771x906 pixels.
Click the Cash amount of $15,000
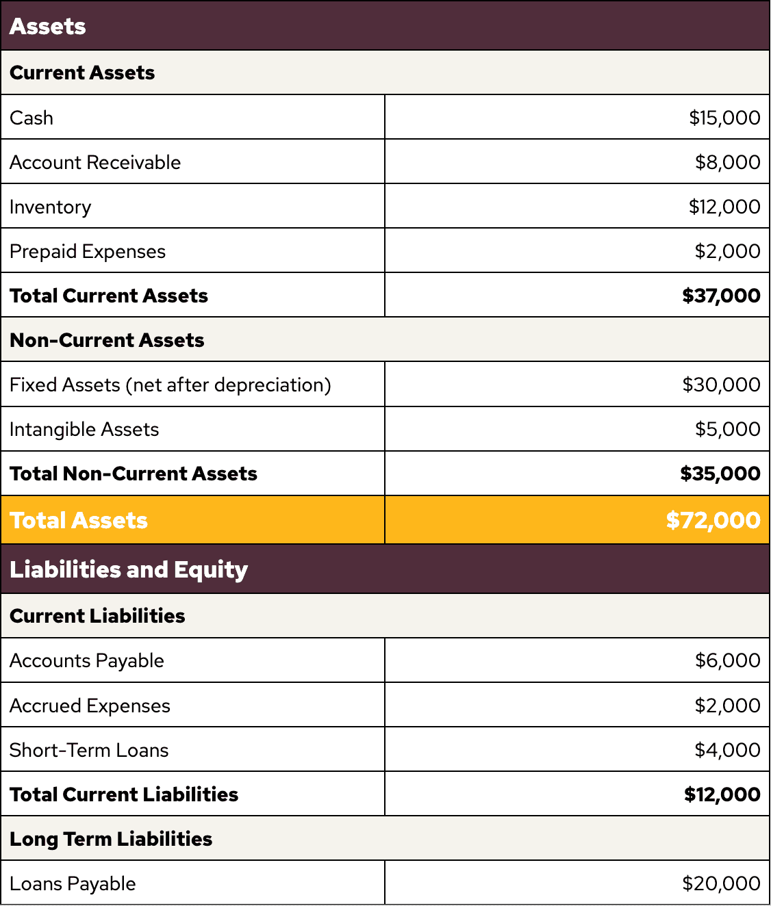pyautogui.click(x=724, y=118)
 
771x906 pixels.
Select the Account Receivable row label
pyautogui.click(x=95, y=162)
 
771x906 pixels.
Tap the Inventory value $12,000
pyautogui.click(x=724, y=207)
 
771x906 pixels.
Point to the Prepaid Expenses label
pyautogui.click(x=88, y=251)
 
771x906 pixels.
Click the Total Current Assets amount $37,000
pyautogui.click(x=721, y=296)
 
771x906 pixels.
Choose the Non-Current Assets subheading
pyautogui.click(x=107, y=340)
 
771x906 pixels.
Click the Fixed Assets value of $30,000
pyautogui.click(x=721, y=385)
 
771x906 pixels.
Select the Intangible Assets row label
pyautogui.click(x=84, y=429)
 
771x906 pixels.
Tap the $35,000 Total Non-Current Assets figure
pyautogui.click(x=720, y=474)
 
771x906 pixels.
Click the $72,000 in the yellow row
pyautogui.click(x=713, y=520)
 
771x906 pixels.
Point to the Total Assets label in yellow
pyautogui.click(x=79, y=520)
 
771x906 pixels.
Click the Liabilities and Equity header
pyautogui.click(x=129, y=569)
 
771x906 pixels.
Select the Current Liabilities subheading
pyautogui.click(x=97, y=616)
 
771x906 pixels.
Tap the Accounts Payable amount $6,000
pyautogui.click(x=727, y=660)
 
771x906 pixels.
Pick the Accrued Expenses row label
pyautogui.click(x=90, y=706)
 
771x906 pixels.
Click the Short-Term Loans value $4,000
pyautogui.click(x=727, y=750)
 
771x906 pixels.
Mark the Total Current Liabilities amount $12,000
pyautogui.click(x=722, y=794)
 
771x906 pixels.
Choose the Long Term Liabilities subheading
pyautogui.click(x=111, y=839)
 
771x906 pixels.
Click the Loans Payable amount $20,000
pyautogui.click(x=721, y=883)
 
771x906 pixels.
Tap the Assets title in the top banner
pyautogui.click(x=48, y=26)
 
